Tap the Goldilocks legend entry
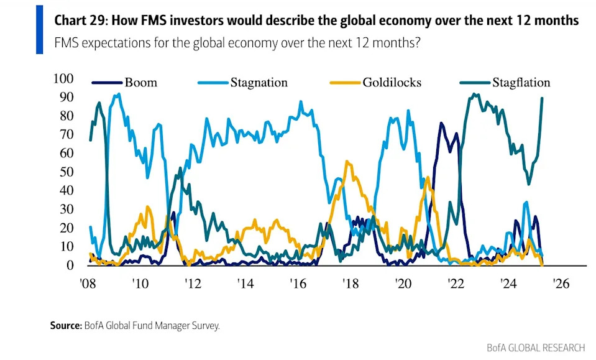pos(392,83)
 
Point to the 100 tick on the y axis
pos(64,78)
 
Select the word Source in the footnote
pos(65,325)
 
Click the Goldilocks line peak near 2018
pos(347,162)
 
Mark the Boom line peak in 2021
pos(441,123)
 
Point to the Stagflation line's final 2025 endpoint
pos(543,98)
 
